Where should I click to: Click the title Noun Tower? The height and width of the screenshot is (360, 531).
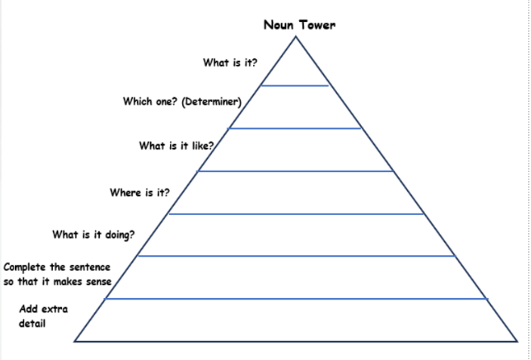coord(300,25)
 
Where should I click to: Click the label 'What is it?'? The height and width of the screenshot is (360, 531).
coord(230,63)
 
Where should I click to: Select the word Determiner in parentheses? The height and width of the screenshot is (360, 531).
coord(211,102)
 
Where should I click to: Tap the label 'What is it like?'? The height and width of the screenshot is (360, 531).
coord(177,146)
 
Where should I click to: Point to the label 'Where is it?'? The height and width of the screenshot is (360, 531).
coord(140,192)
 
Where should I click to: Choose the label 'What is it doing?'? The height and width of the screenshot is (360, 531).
coord(94,235)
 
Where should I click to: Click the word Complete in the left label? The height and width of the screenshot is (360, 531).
coord(26,267)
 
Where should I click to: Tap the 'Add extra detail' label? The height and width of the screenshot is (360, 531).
coord(43,316)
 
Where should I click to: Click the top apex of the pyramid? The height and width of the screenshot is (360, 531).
coord(295,36)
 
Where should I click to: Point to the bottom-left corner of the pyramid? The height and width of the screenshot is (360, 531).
coord(75,341)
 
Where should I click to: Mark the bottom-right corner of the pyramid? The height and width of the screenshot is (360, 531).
coord(517,341)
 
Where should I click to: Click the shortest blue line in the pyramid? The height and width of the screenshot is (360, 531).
coord(295,85)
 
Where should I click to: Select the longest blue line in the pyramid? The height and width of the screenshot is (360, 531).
coord(296,299)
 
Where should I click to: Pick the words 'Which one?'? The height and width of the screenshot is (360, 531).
coord(150,101)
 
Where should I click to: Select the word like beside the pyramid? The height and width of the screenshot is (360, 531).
coord(204,146)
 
